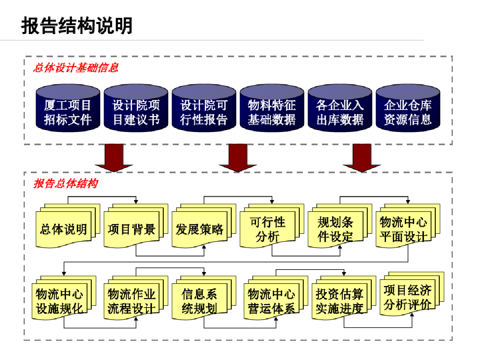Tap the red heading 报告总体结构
tap(65, 184)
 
